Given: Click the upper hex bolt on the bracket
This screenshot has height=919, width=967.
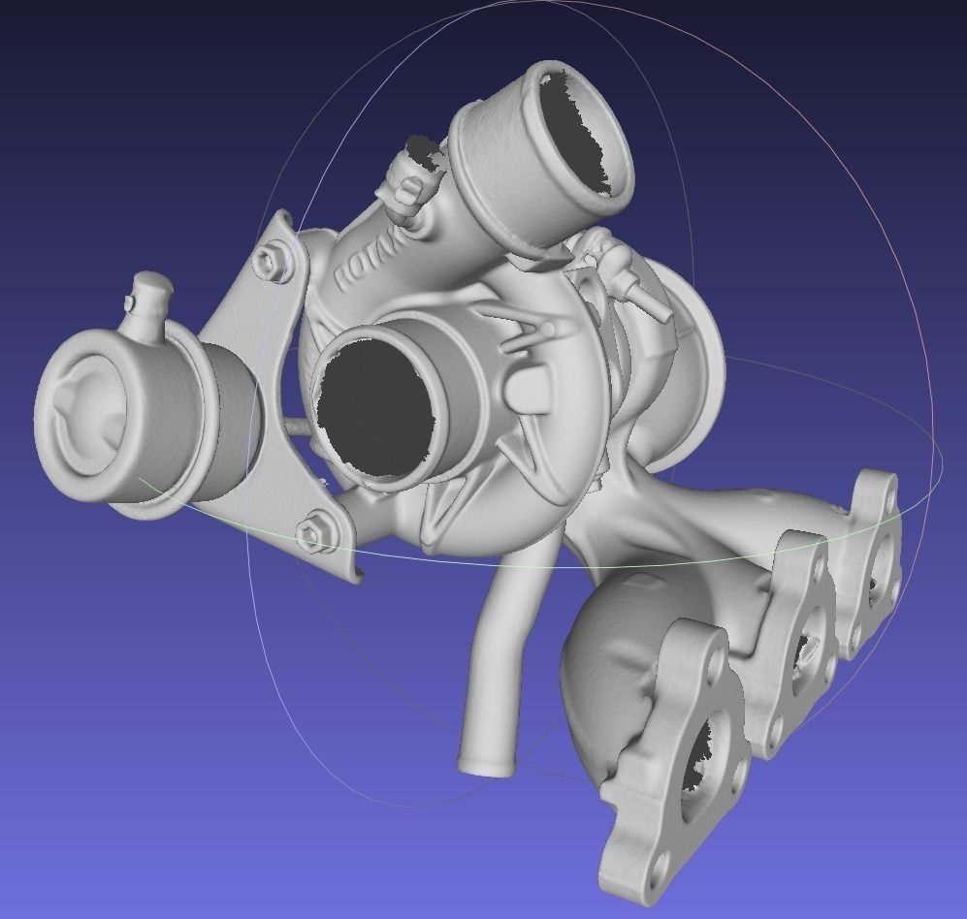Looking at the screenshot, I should [271, 260].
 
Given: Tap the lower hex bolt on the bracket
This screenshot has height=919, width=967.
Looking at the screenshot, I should [314, 531].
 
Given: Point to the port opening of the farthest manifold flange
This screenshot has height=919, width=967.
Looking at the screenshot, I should [878, 575].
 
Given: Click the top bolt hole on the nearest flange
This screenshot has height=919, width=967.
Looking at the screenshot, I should [711, 647].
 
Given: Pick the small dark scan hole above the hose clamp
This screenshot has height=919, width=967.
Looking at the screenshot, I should [424, 146].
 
